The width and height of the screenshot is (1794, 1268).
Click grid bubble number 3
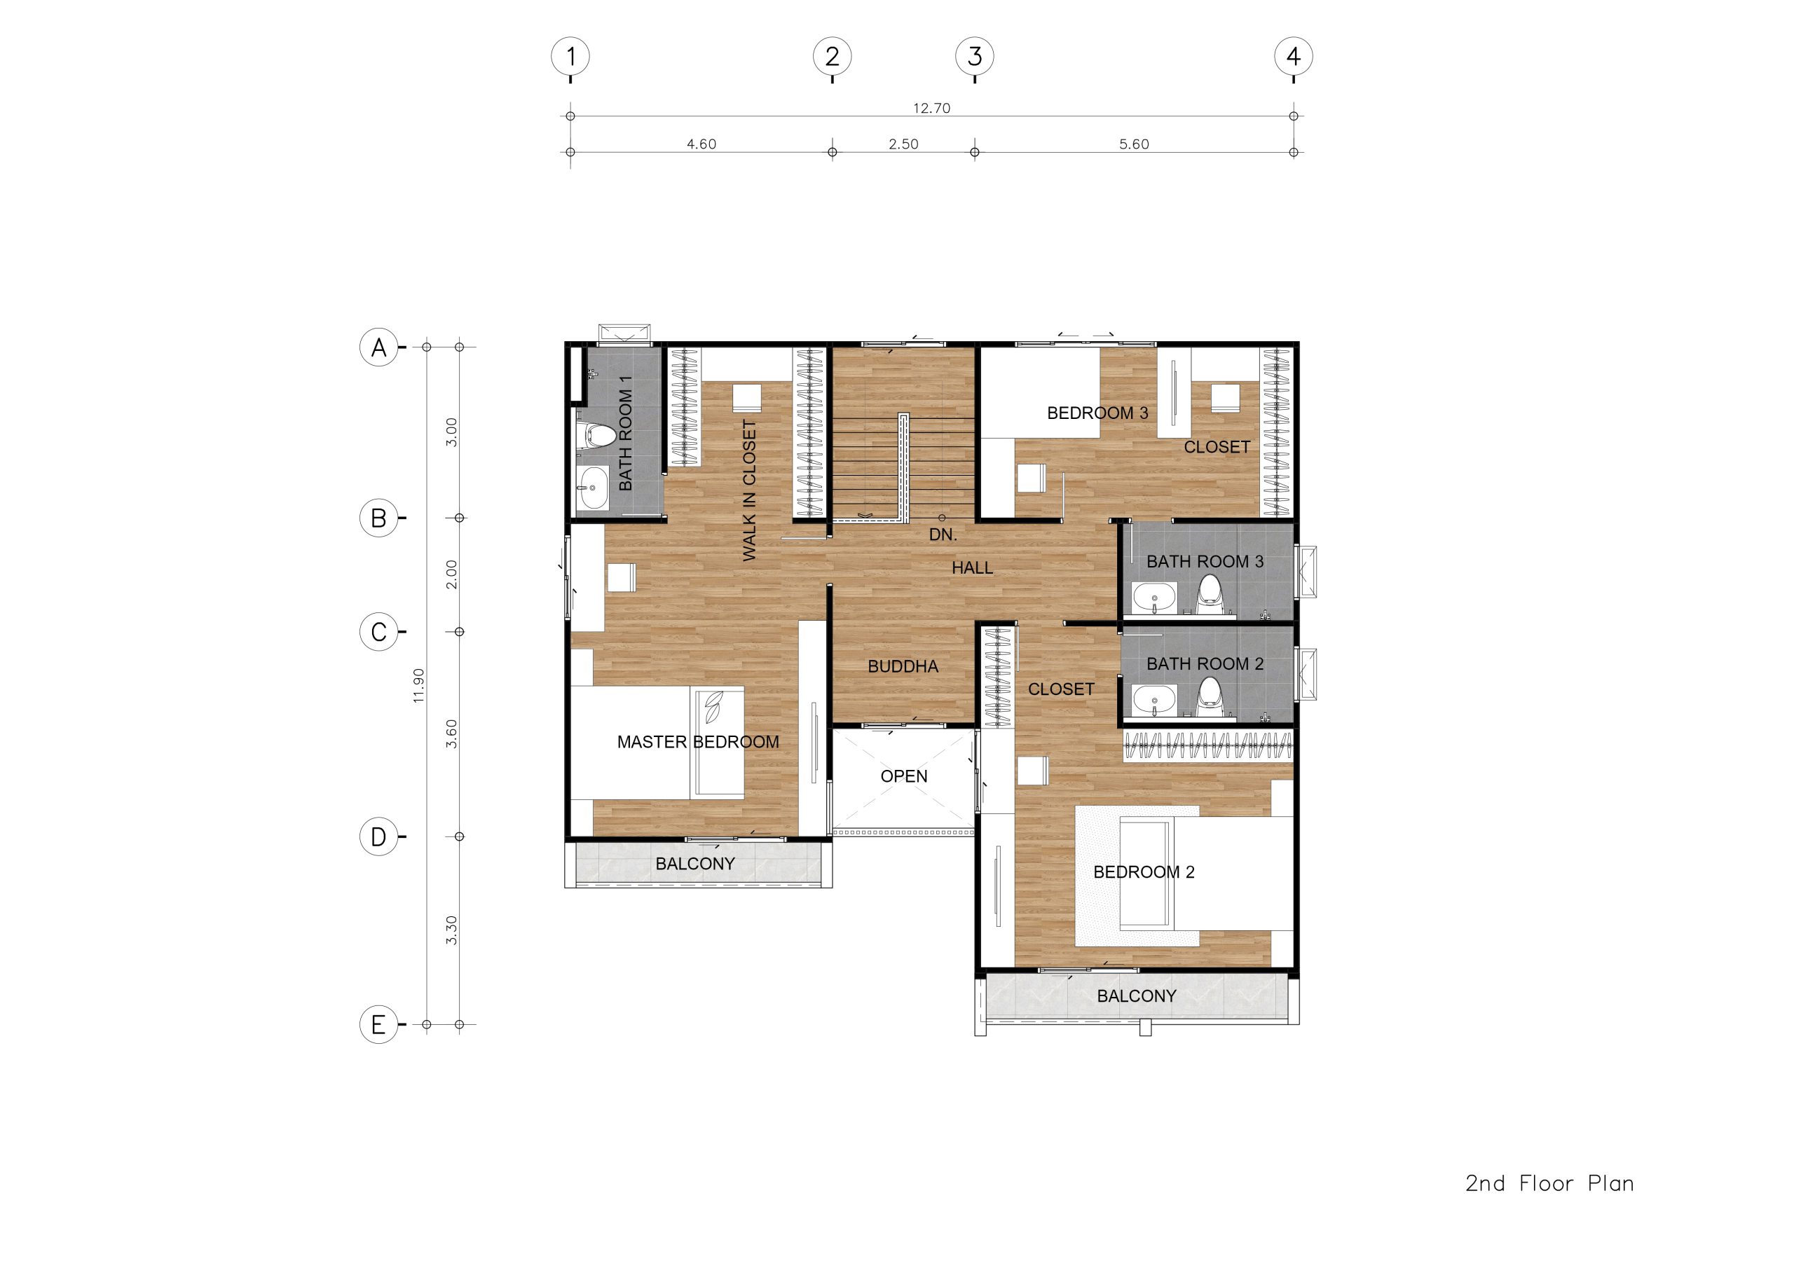[974, 56]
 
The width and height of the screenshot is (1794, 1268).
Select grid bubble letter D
[378, 836]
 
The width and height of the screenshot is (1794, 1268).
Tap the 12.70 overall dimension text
[931, 109]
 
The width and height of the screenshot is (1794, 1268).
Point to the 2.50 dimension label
[903, 144]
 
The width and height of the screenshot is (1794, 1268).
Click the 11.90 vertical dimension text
[419, 685]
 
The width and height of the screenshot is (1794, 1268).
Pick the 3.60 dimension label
[451, 733]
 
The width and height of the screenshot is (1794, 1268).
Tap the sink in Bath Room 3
[1154, 598]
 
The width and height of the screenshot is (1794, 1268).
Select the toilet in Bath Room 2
[1209, 697]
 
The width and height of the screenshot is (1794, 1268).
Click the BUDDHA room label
[903, 666]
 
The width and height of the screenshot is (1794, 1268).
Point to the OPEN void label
[904, 777]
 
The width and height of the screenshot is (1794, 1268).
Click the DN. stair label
[943, 535]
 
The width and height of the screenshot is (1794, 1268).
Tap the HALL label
[972, 568]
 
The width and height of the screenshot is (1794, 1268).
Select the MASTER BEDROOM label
[698, 742]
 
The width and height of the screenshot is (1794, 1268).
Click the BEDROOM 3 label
[1098, 413]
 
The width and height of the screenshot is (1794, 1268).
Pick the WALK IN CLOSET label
[749, 490]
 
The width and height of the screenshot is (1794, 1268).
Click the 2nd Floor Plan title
[1549, 1184]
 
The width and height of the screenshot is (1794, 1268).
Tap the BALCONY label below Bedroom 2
[1136, 996]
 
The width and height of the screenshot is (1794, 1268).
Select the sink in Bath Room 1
[592, 488]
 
